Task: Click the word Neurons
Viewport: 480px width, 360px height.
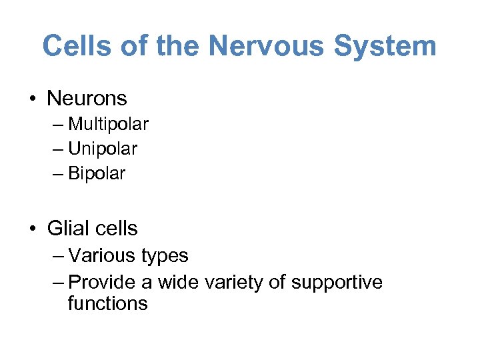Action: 87,99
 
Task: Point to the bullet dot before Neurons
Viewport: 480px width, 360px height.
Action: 33,99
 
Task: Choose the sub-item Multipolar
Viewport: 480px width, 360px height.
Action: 108,125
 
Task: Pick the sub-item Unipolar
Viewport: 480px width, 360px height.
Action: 102,149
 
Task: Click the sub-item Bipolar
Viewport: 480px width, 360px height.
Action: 96,174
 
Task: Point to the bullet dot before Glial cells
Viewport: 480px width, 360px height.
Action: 33,229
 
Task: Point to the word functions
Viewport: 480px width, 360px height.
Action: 107,304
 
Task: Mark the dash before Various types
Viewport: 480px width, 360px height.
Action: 57,256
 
